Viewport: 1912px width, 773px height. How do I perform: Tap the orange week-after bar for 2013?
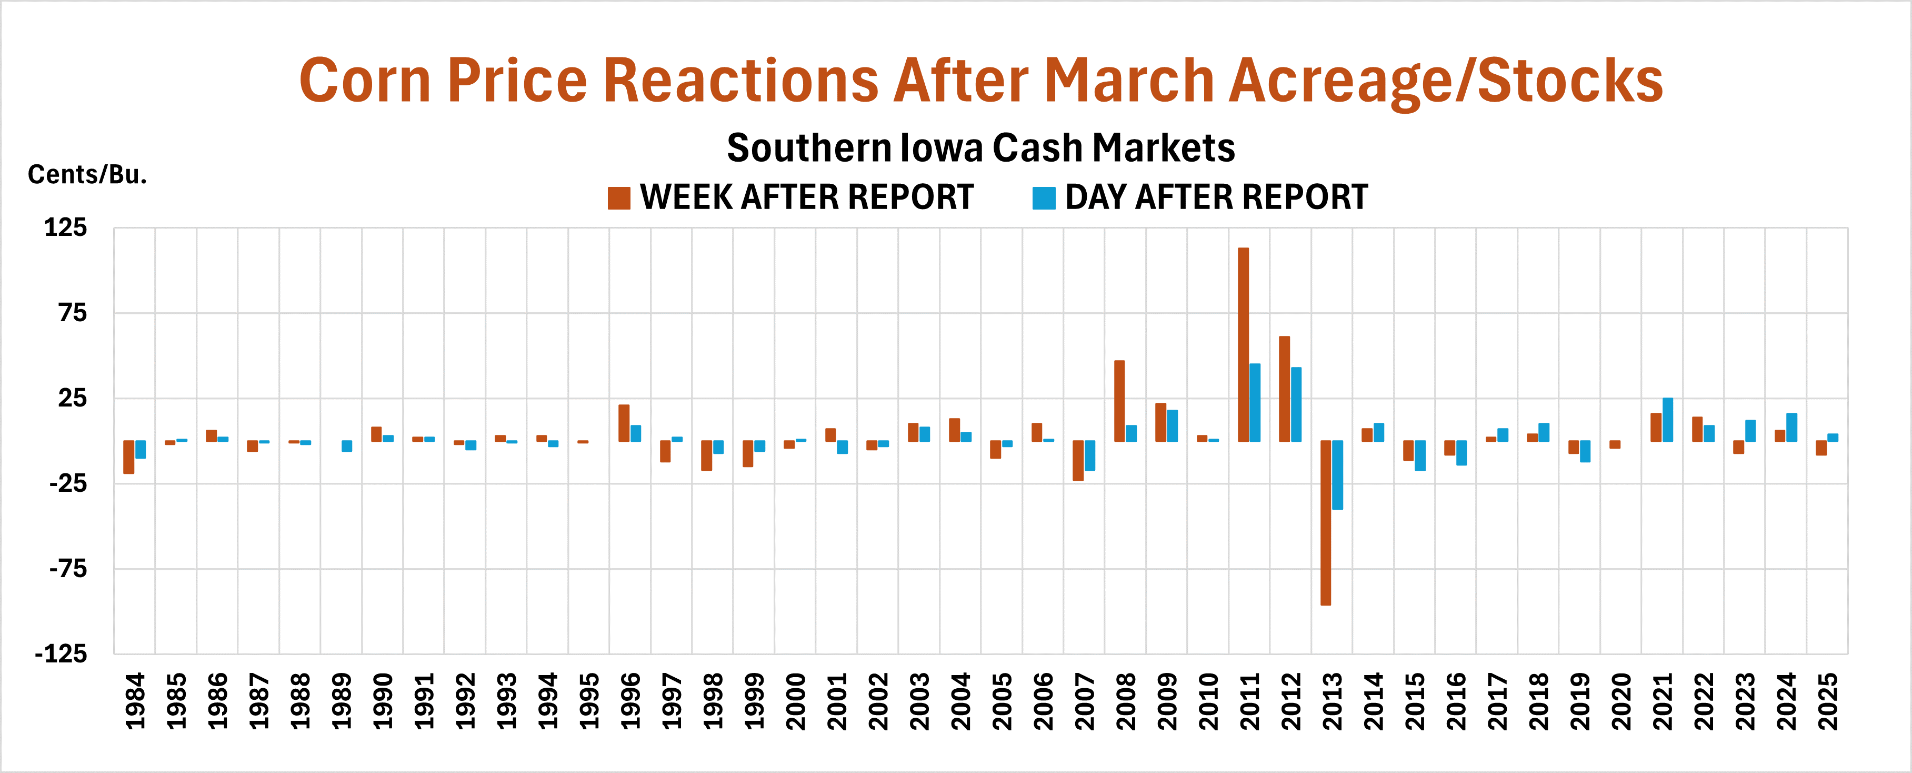1326,523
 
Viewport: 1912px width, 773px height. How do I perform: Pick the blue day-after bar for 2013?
1337,475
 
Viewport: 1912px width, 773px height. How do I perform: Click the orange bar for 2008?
1119,401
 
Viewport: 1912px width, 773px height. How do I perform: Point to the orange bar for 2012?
1284,389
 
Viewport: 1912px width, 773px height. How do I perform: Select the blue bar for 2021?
1668,420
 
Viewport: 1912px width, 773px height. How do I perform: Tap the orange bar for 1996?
624,423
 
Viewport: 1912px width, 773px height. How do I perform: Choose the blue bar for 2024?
1792,428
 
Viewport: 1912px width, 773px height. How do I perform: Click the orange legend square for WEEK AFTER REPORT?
618,199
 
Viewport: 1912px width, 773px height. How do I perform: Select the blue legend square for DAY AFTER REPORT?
1044,199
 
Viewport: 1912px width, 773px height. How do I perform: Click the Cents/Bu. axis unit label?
87,174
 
